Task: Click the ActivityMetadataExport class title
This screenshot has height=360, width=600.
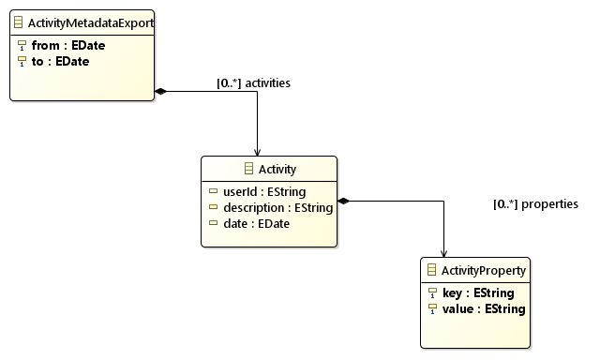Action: click(91, 21)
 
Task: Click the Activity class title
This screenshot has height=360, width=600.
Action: click(277, 170)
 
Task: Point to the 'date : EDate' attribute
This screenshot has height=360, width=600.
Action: click(256, 223)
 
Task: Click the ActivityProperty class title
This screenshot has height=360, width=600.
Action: click(484, 271)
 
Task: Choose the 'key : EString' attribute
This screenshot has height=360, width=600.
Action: click(478, 292)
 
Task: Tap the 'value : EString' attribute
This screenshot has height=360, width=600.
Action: click(484, 308)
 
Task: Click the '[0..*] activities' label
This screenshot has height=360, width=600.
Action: click(253, 83)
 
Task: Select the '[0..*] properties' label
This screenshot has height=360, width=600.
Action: click(535, 203)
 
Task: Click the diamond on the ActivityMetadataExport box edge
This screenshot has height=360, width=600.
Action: click(160, 91)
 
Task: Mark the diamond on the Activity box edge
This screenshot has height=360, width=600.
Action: click(343, 200)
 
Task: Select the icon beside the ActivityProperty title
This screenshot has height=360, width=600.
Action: click(431, 271)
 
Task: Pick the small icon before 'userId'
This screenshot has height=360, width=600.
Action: click(214, 191)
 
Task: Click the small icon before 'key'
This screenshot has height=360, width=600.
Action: click(432, 292)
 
